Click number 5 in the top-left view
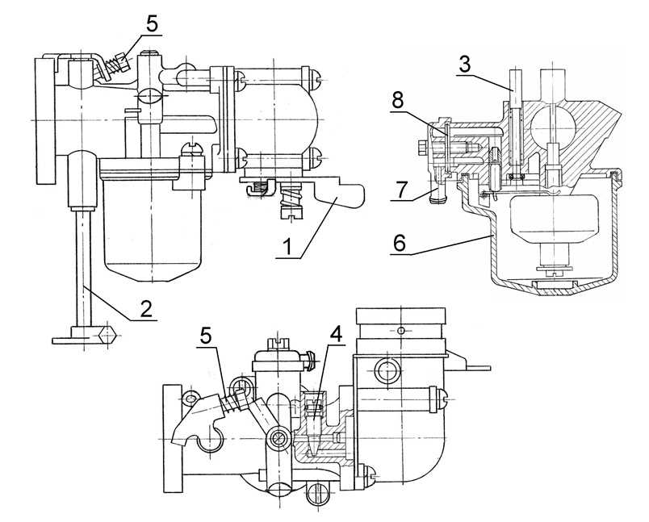[x=152, y=23]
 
